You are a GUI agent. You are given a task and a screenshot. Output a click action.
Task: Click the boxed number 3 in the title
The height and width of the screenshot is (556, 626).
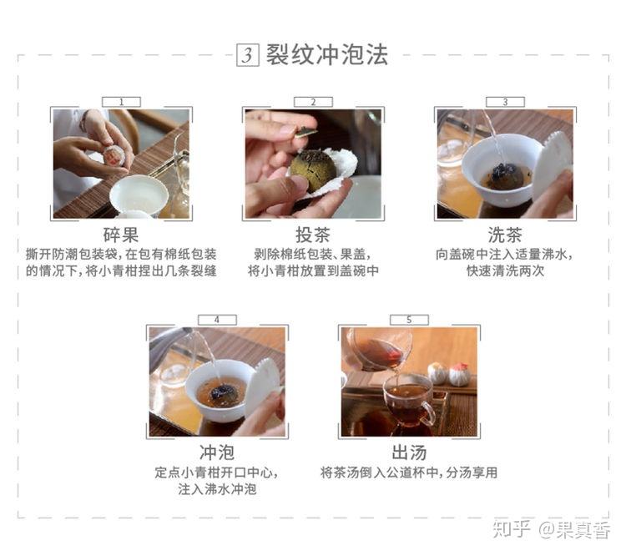click(248, 55)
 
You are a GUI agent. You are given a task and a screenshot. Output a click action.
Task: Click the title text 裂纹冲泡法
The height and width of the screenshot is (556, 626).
click(326, 55)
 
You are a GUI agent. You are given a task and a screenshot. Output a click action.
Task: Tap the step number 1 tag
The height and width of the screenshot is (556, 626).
click(121, 102)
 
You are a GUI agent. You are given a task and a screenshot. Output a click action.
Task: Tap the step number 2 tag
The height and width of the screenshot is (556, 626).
click(313, 102)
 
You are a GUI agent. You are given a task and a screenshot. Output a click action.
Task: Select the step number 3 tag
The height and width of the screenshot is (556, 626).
click(504, 102)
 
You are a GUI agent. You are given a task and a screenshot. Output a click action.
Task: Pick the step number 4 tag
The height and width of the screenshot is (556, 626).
click(217, 320)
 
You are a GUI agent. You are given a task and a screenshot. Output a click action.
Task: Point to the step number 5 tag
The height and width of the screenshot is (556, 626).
click(409, 320)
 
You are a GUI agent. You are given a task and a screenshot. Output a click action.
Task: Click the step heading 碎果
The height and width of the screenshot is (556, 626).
click(121, 235)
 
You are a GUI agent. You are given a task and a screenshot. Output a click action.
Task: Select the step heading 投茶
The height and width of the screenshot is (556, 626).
click(313, 235)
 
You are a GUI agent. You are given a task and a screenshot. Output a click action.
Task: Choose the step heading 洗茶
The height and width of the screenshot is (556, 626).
click(504, 235)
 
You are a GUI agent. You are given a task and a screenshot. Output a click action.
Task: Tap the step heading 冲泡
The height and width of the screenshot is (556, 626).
click(217, 453)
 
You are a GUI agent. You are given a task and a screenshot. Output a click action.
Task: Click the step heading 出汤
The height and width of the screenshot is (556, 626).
click(409, 453)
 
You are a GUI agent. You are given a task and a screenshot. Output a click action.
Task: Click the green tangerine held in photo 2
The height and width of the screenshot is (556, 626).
click(313, 169)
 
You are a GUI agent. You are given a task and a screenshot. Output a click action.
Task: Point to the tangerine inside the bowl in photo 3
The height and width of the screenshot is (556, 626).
click(507, 175)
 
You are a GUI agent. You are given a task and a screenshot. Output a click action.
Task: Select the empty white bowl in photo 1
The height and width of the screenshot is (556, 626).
click(137, 195)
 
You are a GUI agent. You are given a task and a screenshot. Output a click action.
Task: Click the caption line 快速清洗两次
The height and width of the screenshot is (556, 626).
click(504, 271)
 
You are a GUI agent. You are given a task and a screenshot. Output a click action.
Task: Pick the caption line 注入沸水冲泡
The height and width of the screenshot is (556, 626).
click(217, 490)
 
